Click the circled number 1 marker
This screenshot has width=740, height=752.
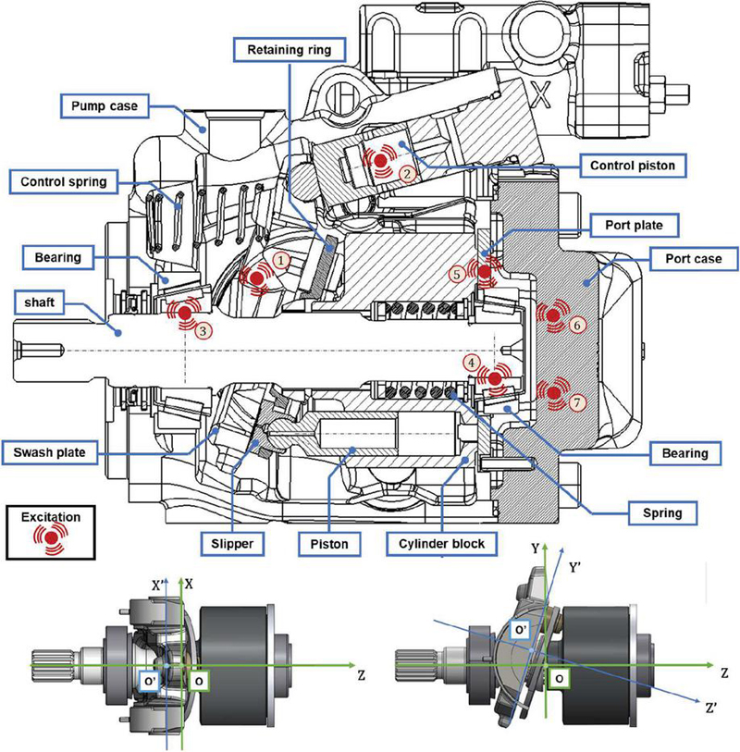[x=282, y=263]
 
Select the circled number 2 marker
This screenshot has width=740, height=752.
[x=404, y=172]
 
